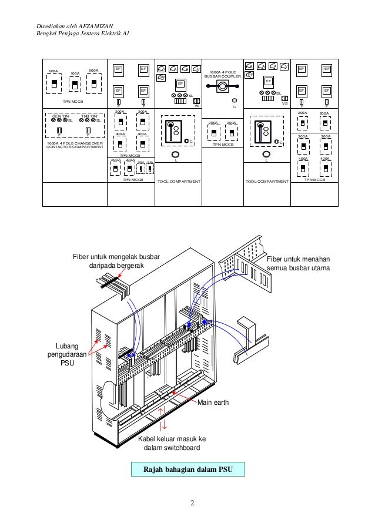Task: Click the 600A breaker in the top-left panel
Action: point(54,84)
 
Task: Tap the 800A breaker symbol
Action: point(93,83)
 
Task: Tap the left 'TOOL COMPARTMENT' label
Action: point(179,182)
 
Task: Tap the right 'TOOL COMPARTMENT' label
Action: point(267,182)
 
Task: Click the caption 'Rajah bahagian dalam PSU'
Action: point(187,469)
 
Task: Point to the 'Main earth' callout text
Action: point(212,402)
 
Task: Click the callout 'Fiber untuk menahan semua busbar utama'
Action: point(298,264)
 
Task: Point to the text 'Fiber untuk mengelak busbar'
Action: point(116,256)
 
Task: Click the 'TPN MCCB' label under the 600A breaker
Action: point(73,102)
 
